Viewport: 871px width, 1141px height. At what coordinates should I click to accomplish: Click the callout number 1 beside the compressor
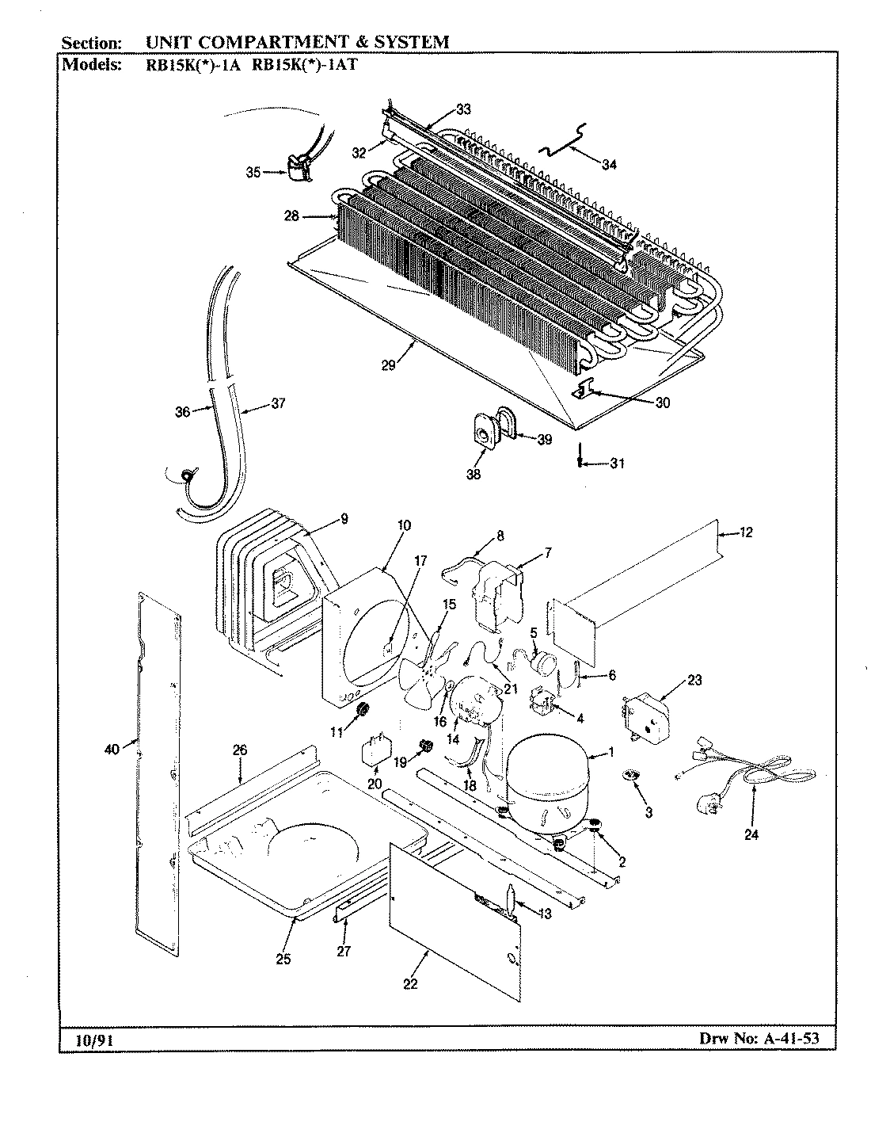pyautogui.click(x=610, y=753)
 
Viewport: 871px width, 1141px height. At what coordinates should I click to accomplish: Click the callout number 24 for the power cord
pyautogui.click(x=751, y=834)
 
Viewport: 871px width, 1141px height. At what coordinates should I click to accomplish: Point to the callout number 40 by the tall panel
pyautogui.click(x=112, y=748)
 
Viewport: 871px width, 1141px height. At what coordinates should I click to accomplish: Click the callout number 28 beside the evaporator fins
pyautogui.click(x=292, y=216)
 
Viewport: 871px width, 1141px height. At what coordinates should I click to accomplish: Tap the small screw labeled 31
pyautogui.click(x=581, y=462)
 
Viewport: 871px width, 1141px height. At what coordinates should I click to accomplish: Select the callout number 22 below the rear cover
pyautogui.click(x=410, y=984)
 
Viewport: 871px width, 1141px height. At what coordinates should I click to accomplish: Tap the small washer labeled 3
pyautogui.click(x=631, y=774)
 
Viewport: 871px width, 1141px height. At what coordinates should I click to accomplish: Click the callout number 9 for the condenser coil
pyautogui.click(x=344, y=520)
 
